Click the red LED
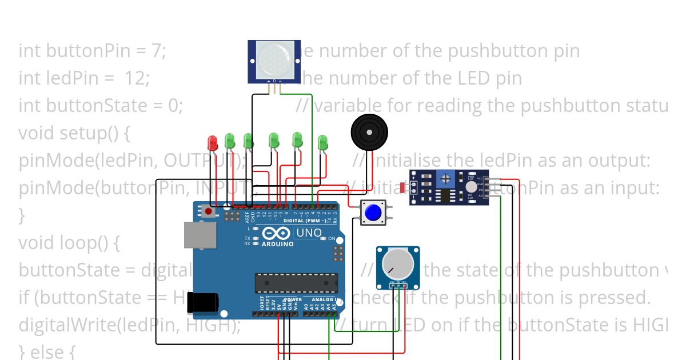[212, 141]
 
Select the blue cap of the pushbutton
[373, 213]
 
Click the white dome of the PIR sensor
[274, 59]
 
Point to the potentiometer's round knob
[397, 265]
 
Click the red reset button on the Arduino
[208, 211]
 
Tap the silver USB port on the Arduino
[200, 235]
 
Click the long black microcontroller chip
[296, 282]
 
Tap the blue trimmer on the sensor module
[444, 179]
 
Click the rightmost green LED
[322, 142]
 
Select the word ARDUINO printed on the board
[277, 244]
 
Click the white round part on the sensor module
[470, 187]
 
